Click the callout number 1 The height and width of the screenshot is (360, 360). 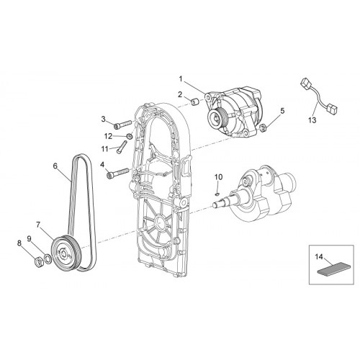pos(181,78)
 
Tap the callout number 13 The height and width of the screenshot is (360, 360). pos(312,120)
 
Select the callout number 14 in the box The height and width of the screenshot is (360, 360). pos(319,257)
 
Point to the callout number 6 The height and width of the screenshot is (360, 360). pos(55,166)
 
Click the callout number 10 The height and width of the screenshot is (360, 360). pos(218,177)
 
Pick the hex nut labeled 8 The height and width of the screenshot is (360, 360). pos(39,262)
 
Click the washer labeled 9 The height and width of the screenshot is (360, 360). pos(48,258)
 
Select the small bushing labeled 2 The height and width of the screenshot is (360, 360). pos(195,102)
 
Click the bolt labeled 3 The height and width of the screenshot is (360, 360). pos(122,124)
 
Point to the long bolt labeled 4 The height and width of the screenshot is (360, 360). pos(117,173)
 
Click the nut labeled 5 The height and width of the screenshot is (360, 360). pos(262,127)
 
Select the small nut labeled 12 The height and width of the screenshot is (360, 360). pos(130,136)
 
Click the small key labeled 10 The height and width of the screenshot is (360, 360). pos(217,194)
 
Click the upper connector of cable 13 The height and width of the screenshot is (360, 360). pos(306,83)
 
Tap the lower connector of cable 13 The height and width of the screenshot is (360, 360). pos(333,109)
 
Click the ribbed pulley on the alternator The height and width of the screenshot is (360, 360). pos(217,119)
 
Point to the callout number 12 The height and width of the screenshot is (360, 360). pos(108,136)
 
